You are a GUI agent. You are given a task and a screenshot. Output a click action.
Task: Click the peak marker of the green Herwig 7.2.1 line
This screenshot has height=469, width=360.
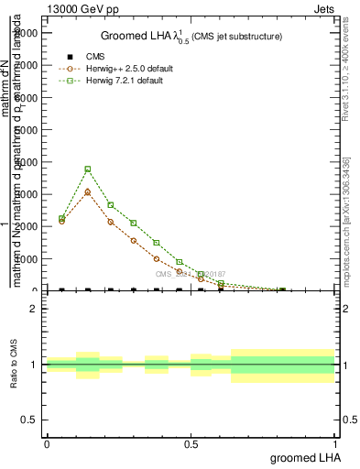[87, 169]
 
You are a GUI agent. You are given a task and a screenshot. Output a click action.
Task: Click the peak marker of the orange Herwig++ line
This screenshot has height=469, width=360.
[87, 192]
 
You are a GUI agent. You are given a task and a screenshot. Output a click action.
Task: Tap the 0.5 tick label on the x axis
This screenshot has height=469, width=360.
[191, 444]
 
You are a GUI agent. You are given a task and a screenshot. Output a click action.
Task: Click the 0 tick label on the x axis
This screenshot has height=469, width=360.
[47, 444]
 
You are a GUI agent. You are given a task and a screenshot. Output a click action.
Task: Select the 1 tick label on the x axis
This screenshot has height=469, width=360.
[335, 444]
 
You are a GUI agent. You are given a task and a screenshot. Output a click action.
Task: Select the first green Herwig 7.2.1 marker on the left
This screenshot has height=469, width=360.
[61, 219]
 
